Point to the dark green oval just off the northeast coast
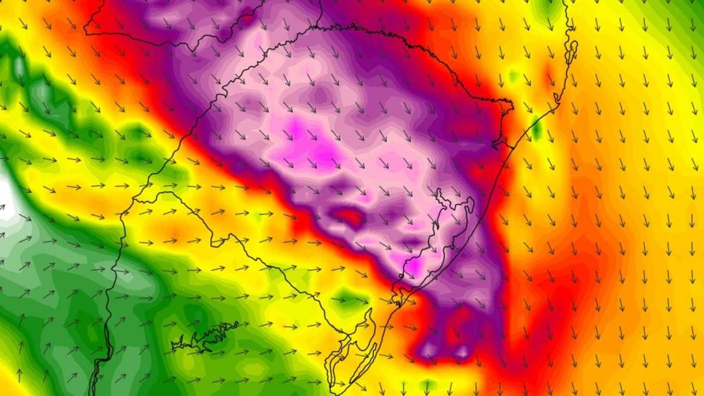(536, 129)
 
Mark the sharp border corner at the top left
(86, 30)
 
